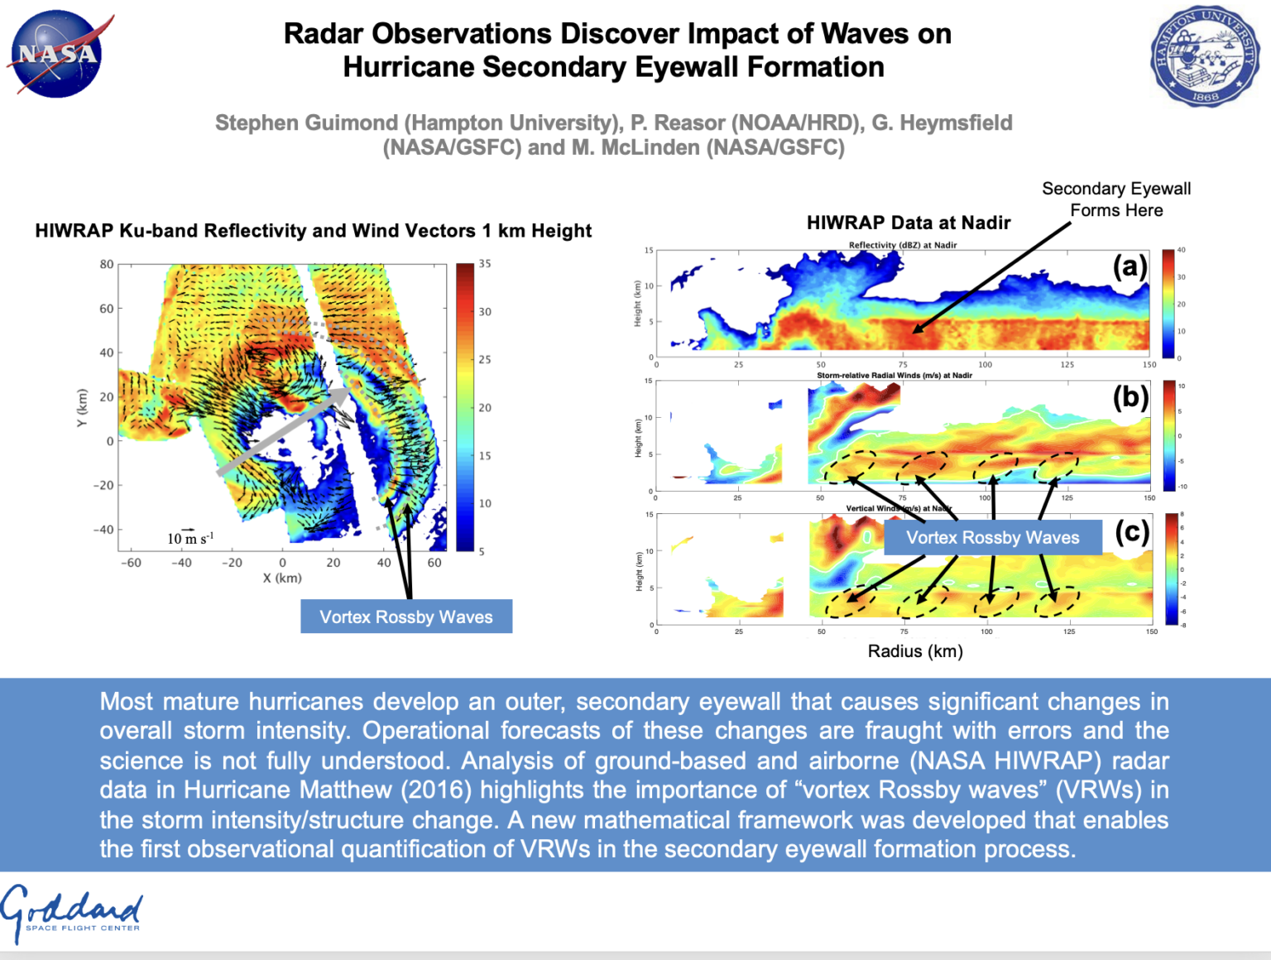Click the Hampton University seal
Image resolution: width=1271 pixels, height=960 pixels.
coord(1204,56)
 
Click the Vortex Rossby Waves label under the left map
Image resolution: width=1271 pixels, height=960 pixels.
coord(405,617)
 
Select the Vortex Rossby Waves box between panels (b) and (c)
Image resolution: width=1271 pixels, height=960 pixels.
coord(992,538)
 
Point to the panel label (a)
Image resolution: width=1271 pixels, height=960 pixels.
coord(1130,266)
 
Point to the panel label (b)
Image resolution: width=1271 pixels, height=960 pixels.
coord(1130,397)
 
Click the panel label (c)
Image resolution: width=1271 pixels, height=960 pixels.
coord(1132,531)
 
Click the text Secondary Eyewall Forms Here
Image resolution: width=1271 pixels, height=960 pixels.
coord(1115,199)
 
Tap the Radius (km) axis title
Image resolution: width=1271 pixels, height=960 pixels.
coord(914,651)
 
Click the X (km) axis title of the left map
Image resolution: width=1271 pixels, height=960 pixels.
coord(282,578)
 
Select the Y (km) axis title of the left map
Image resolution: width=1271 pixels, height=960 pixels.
coord(81,408)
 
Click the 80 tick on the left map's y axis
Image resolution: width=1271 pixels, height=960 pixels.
coord(107,265)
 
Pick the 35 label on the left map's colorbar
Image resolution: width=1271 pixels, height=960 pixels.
coord(485,264)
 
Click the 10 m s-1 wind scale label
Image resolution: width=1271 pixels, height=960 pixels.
coord(190,539)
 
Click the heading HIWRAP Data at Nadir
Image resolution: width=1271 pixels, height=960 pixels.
coord(909,223)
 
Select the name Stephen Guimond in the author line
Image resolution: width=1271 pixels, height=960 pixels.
coord(306,123)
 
